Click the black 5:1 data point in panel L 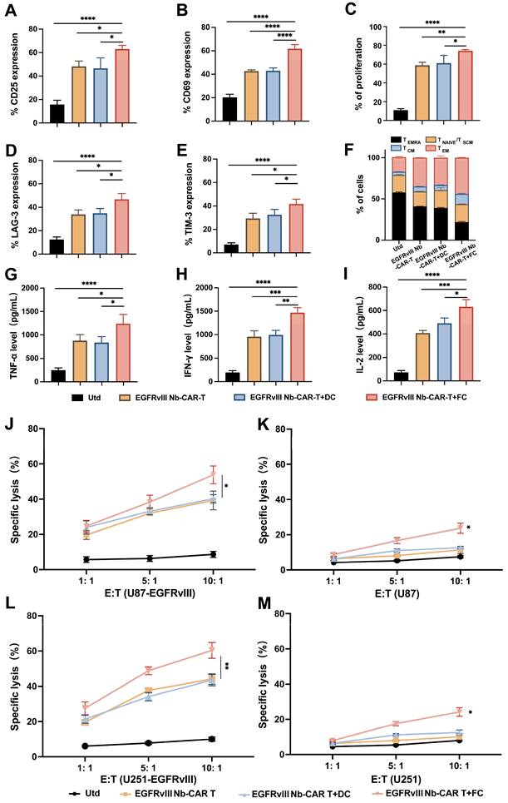click(x=124, y=743)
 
